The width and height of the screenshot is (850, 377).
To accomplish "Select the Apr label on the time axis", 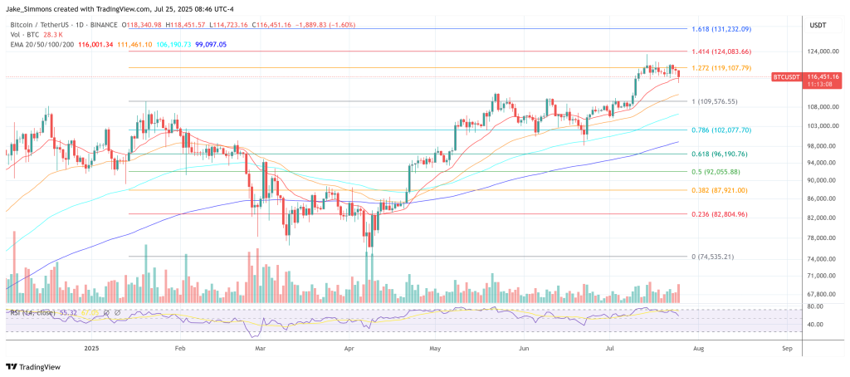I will click(x=349, y=350).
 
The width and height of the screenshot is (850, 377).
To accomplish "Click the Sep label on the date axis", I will click(x=787, y=350).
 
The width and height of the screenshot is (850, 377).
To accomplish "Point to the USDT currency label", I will click(x=818, y=26).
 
